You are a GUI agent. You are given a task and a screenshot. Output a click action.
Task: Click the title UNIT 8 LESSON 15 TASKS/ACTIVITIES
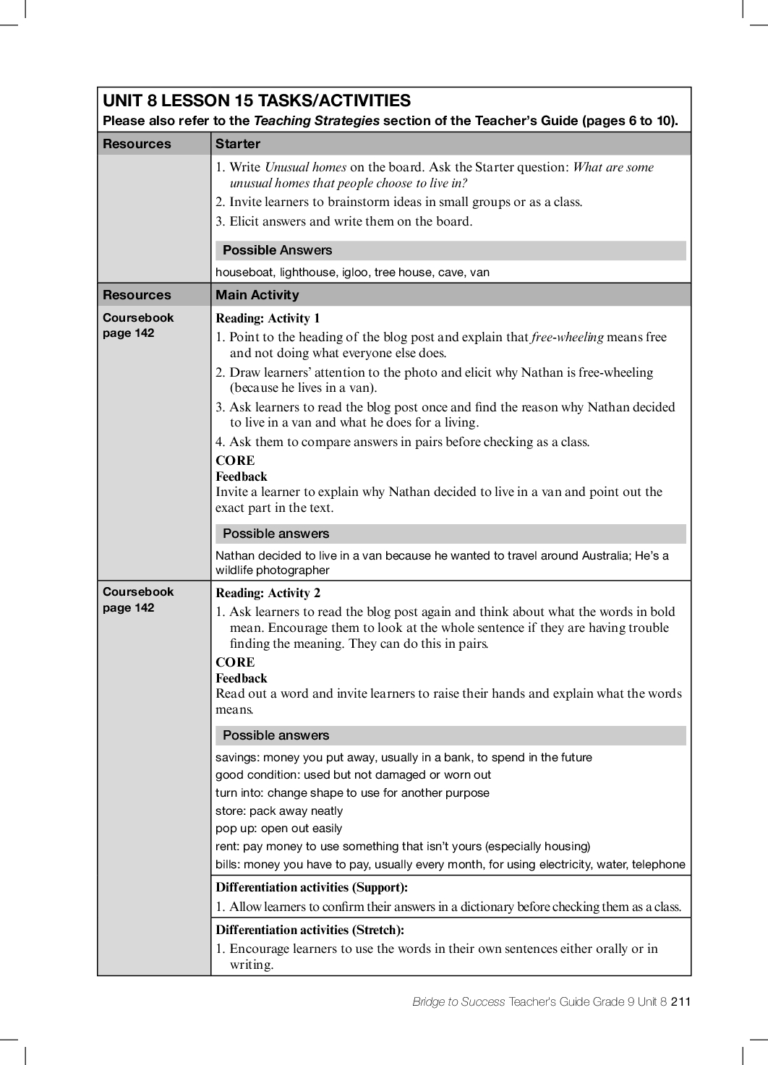point(257,100)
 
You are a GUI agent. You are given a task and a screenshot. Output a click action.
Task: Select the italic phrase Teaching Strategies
point(316,121)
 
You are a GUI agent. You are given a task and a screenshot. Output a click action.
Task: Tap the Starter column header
point(238,144)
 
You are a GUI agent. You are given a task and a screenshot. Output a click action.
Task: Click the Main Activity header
point(257,295)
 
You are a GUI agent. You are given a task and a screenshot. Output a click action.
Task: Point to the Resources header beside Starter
point(137,144)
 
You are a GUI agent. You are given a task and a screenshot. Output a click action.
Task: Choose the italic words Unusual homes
point(305,167)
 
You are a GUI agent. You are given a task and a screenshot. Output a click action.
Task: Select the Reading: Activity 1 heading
point(268,318)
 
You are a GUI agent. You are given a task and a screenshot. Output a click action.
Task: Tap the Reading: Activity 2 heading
point(268,593)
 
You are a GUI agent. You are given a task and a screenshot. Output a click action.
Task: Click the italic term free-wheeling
point(567,337)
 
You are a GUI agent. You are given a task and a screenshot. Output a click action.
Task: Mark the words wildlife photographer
point(273,570)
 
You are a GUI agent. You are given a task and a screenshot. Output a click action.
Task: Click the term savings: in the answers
point(238,758)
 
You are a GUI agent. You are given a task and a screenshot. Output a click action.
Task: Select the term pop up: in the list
point(236,829)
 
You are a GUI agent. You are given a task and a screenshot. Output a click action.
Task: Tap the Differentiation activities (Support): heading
point(312,887)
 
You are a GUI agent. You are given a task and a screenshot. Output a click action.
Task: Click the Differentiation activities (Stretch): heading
point(310,930)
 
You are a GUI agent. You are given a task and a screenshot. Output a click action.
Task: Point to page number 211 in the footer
point(680,1001)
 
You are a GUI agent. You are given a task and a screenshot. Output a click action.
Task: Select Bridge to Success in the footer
point(458,1001)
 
